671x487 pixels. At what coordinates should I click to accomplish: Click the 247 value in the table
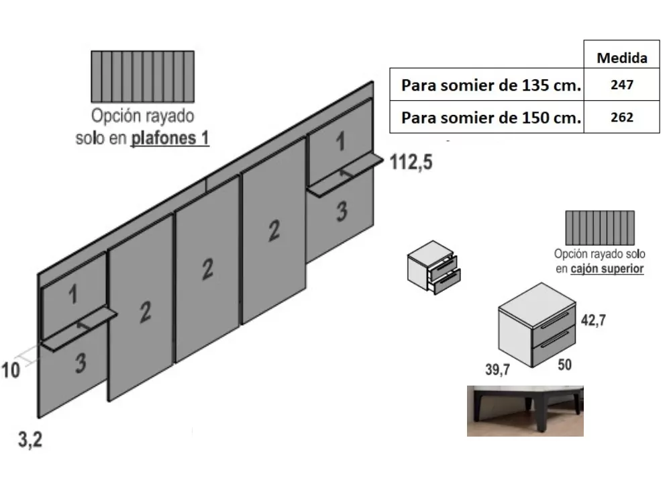[622, 85]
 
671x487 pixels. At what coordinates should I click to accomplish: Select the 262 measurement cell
[622, 117]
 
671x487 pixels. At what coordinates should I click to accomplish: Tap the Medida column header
[622, 58]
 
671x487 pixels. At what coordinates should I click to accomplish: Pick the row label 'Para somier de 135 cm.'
[491, 85]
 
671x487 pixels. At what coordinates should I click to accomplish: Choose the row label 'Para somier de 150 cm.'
[491, 118]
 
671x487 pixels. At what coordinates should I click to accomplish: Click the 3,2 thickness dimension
[30, 441]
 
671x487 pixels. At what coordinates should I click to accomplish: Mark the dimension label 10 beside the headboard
[11, 371]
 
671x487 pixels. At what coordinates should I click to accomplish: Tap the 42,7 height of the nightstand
[592, 320]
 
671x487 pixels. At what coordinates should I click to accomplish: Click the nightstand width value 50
[564, 365]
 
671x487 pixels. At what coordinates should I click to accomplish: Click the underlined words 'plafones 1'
[170, 139]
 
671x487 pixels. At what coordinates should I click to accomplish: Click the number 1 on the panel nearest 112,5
[340, 142]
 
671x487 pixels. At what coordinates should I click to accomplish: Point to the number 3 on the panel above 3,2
[80, 363]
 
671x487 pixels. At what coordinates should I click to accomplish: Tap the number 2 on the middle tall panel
[207, 269]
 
